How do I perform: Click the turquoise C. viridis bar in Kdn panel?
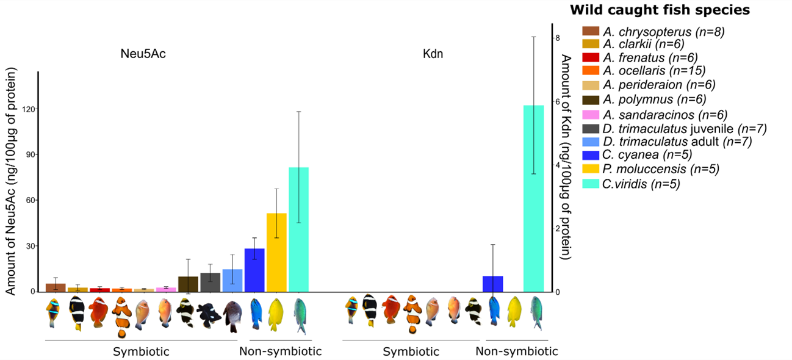click(x=533, y=198)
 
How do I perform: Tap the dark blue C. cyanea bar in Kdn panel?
click(x=492, y=284)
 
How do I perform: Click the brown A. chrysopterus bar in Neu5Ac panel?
click(x=56, y=287)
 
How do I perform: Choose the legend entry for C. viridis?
click(x=641, y=184)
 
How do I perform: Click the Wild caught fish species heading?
click(x=660, y=10)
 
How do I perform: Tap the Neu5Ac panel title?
click(x=143, y=54)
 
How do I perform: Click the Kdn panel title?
click(x=433, y=54)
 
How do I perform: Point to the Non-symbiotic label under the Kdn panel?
click(x=516, y=351)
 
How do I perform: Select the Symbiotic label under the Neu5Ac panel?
click(x=141, y=351)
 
